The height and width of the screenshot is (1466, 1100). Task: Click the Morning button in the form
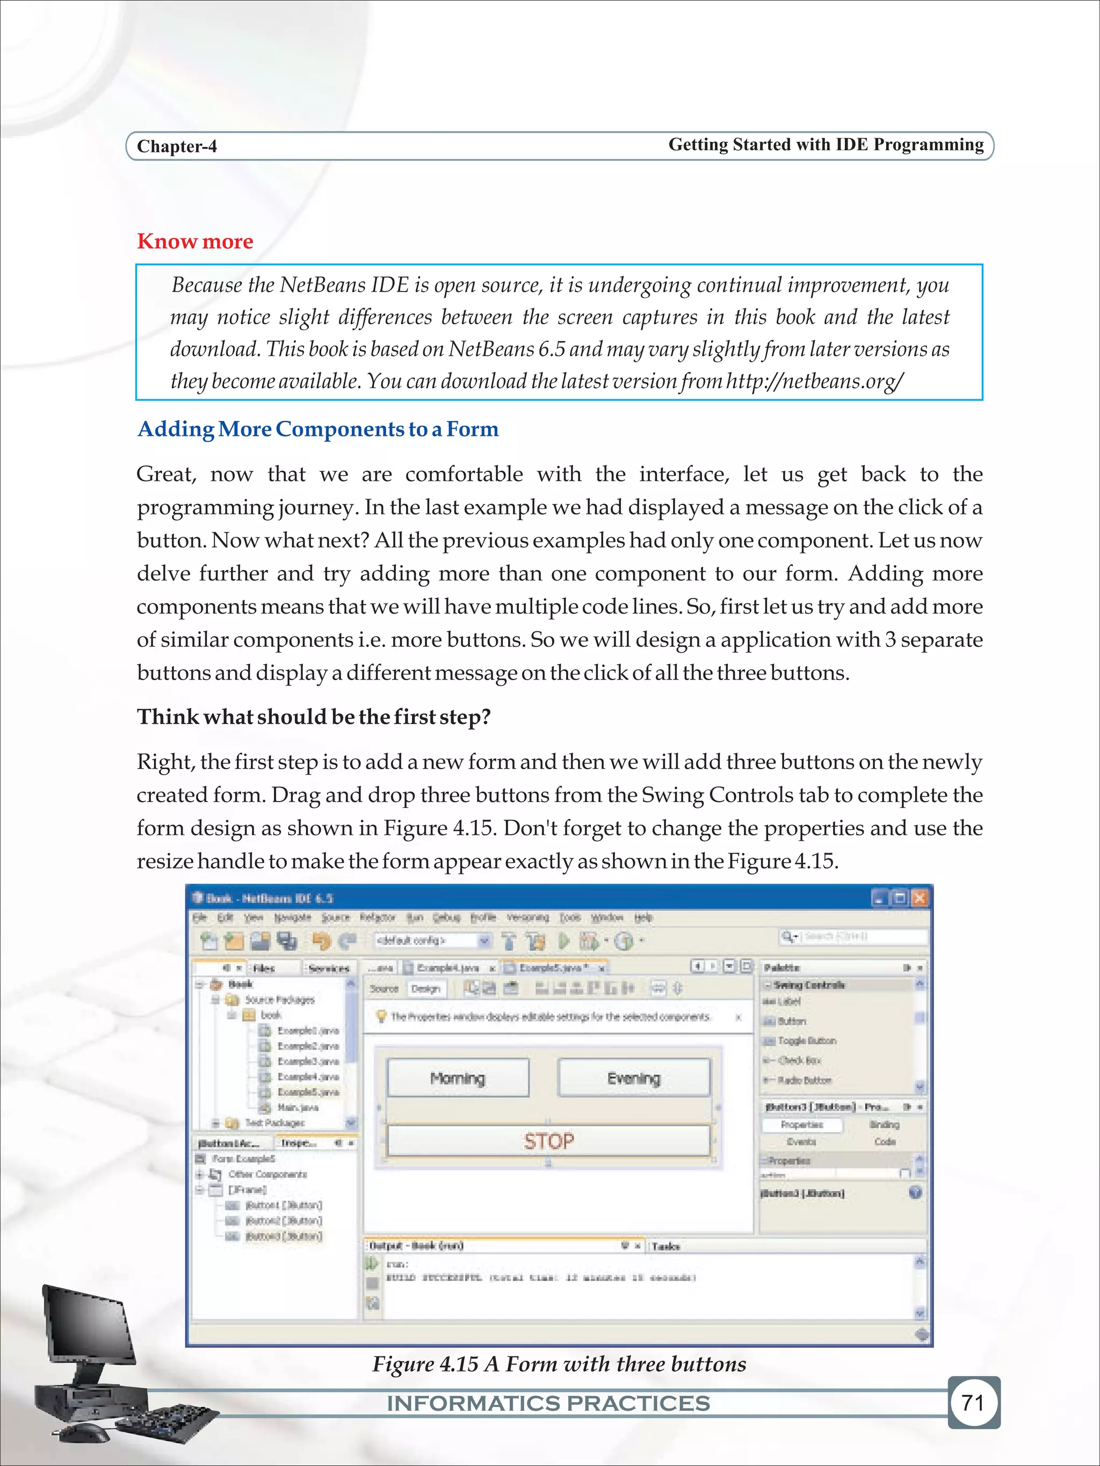458,1078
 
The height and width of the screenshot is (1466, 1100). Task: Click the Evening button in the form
634,1078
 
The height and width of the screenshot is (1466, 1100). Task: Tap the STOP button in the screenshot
548,1141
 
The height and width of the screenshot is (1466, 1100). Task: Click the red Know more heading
195,241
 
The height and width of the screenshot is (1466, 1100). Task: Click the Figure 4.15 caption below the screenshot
559,1364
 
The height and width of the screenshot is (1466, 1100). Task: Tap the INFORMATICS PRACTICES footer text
548,1403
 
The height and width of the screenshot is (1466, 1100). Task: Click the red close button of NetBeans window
919,898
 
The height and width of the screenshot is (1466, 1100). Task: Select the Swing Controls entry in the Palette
809,985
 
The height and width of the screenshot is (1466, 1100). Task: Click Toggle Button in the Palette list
806,1040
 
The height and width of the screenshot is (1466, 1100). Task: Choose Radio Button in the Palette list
804,1080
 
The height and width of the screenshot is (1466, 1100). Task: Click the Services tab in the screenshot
328,968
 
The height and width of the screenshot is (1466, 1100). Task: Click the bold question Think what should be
313,717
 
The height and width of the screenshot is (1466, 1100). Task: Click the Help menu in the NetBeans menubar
642,917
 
